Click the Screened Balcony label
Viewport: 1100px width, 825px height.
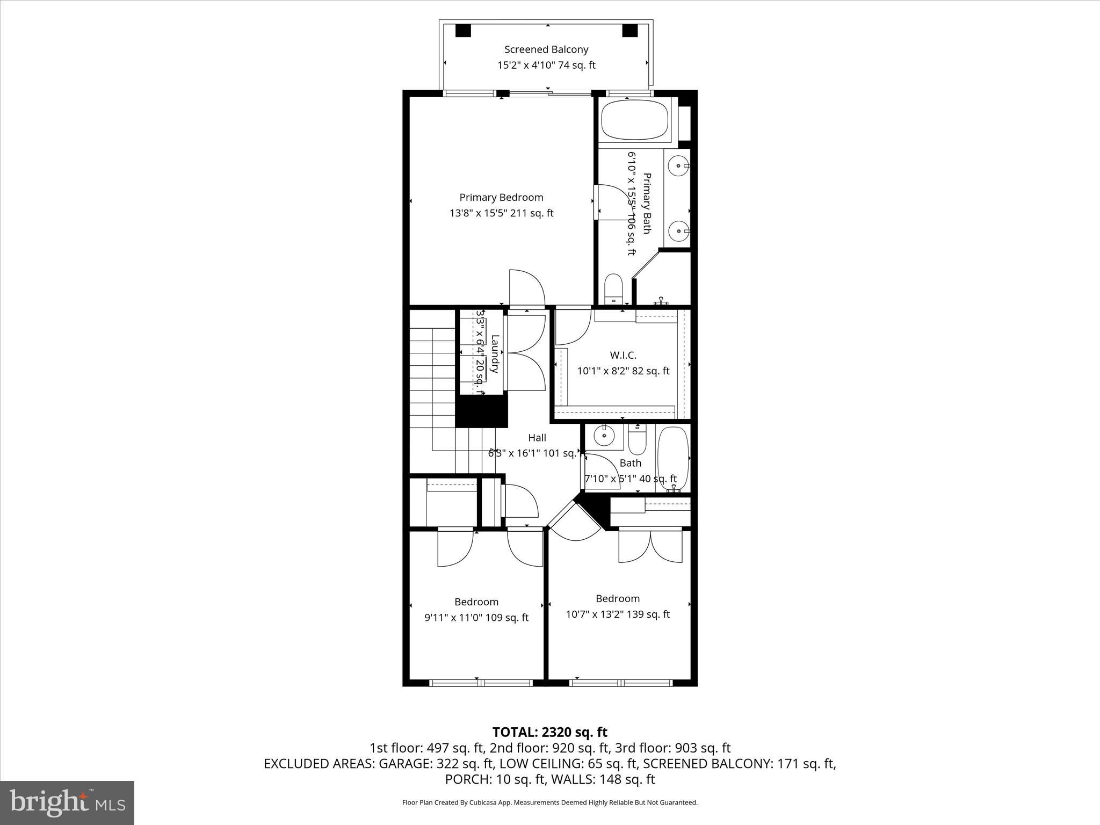(x=546, y=49)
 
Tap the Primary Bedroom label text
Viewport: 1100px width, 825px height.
(x=501, y=197)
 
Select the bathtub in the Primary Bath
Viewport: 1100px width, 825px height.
(x=634, y=120)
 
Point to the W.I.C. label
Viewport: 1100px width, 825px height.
(x=623, y=355)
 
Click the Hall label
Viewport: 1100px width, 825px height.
(x=537, y=438)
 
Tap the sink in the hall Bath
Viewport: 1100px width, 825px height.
(x=604, y=436)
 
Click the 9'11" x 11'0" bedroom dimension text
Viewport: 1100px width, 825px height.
(x=476, y=618)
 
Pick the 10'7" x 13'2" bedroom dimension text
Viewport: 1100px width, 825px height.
(x=618, y=614)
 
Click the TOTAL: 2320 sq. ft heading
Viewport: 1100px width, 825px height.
(x=549, y=732)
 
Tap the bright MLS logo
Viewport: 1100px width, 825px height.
(x=67, y=802)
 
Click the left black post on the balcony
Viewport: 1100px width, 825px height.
(x=463, y=31)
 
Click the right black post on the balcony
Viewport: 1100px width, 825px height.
(x=629, y=31)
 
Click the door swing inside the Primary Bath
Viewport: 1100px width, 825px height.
(x=612, y=201)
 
